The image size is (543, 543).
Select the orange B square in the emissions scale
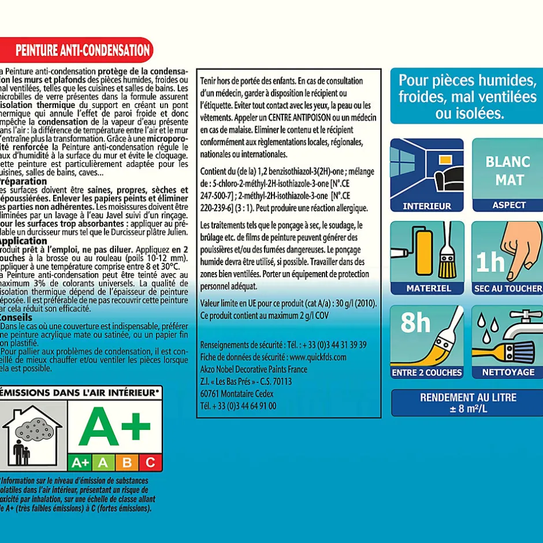tap(127, 462)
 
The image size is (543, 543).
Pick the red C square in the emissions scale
tap(150, 462)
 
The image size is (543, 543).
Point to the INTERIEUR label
tap(427, 206)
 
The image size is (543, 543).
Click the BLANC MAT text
tap(508, 170)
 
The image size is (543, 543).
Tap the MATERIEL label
tap(428, 288)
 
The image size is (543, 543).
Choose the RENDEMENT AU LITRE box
tap(468, 403)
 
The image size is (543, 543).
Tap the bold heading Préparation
tap(24, 181)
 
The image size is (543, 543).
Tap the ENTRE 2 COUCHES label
tap(427, 372)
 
